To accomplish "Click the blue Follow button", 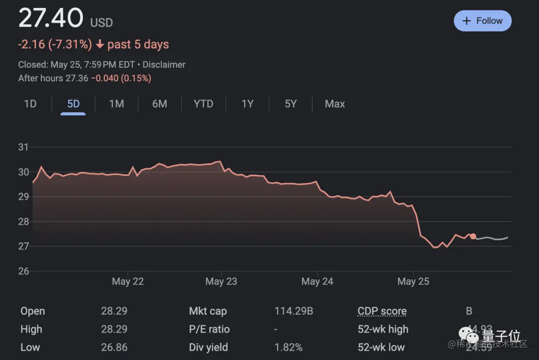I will click(482, 21).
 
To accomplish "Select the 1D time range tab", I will click(30, 104).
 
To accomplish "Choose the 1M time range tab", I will click(116, 104).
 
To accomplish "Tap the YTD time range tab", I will click(203, 104).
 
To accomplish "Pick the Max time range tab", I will click(334, 104).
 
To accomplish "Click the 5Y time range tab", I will click(290, 104).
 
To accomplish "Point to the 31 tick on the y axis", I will click(23, 147).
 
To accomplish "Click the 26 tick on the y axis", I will click(23, 271).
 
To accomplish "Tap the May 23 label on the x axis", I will click(221, 282).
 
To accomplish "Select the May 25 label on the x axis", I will click(413, 282).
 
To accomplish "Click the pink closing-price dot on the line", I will click(473, 236).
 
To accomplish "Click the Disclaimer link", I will click(164, 65).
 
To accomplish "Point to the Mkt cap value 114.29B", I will click(293, 311).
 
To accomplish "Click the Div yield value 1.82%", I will click(288, 347).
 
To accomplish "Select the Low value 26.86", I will click(114, 347).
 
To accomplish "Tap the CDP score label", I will click(382, 311).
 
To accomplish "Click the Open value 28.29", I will click(114, 311).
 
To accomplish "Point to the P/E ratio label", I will click(209, 329).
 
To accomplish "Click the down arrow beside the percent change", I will click(100, 44).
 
